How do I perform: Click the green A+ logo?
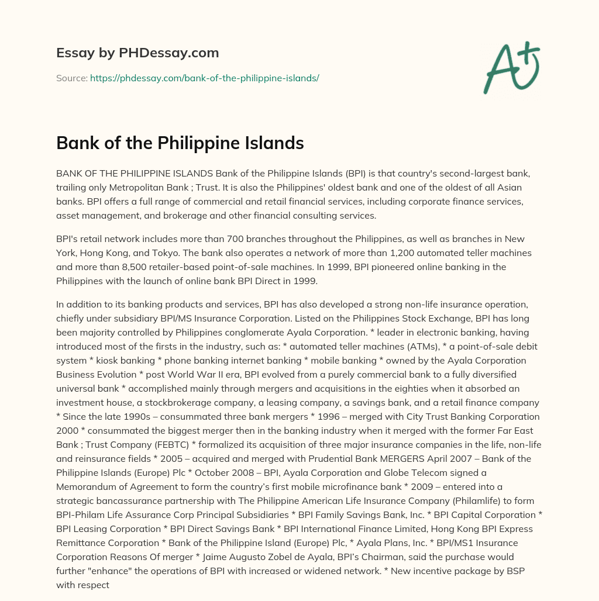coord(511,67)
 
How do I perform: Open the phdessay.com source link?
coord(204,78)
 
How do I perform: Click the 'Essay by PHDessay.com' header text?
coord(137,53)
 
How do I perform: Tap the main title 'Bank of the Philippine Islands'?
coord(180,143)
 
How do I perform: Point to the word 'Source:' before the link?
coord(71,78)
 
